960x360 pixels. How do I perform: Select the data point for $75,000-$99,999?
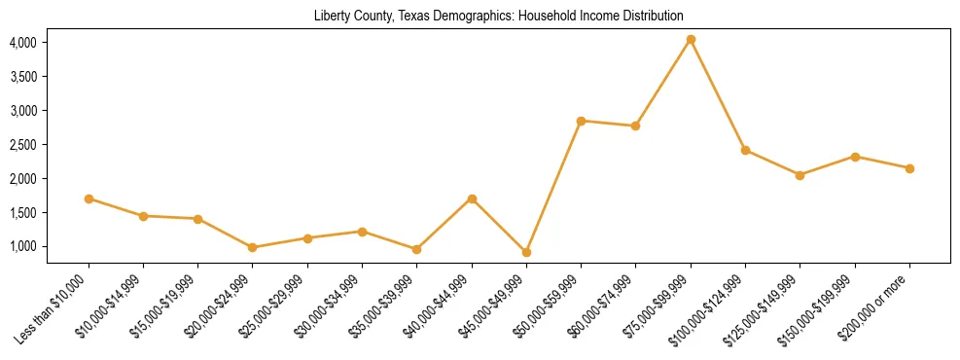pos(691,40)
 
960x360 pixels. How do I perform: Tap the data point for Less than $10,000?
pos(89,198)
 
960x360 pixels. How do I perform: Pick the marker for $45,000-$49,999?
pos(526,252)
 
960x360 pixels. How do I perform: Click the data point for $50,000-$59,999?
pos(581,121)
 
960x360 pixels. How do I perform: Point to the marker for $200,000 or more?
pos(909,168)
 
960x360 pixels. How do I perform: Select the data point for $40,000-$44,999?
pos(472,198)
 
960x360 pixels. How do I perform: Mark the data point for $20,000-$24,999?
pos(253,247)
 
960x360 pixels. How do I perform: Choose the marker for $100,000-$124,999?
pos(745,150)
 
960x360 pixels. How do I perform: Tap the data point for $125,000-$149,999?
pos(800,175)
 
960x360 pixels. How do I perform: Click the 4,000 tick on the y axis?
pos(22,43)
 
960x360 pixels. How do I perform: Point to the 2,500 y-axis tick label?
pos(22,145)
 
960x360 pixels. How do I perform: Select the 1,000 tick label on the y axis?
pos(22,247)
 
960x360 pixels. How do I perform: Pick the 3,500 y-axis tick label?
pos(22,77)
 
